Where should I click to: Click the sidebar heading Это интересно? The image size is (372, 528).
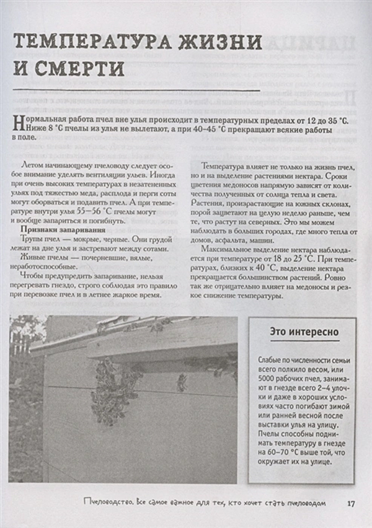pyautogui.click(x=304, y=332)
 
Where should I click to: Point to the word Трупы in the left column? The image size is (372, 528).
pyautogui.click(x=31, y=239)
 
